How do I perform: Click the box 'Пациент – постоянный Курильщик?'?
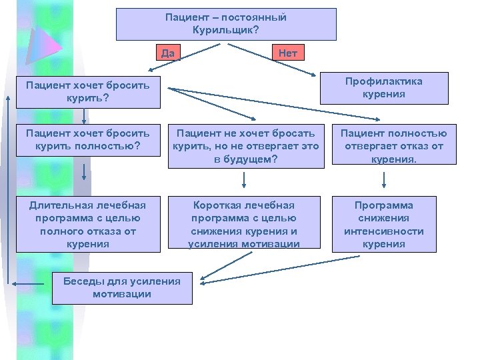pos(226,24)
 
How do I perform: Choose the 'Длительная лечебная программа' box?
pos(88,225)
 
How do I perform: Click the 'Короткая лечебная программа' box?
pos(244,225)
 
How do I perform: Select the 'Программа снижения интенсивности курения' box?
pos(385,225)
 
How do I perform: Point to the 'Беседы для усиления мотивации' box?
pos(121,287)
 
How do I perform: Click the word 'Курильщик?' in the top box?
pos(226,31)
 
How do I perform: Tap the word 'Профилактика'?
pos(383,81)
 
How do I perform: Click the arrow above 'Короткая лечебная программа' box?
pos(244,179)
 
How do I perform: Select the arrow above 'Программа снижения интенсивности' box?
pos(385,179)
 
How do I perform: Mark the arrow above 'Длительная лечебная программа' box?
pos(84,173)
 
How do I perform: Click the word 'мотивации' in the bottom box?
pos(121,294)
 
